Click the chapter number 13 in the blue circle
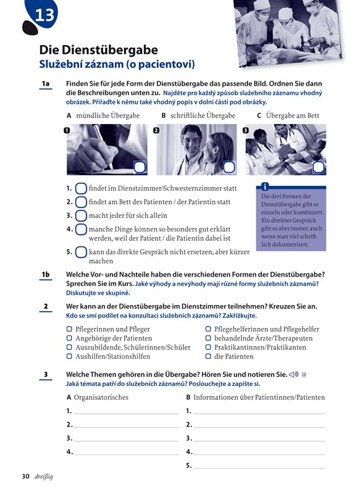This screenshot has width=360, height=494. coord(44,15)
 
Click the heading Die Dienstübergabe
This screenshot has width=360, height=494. coord(99,50)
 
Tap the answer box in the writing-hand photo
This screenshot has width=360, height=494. coord(140,167)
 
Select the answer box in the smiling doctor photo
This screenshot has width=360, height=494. coord(229,167)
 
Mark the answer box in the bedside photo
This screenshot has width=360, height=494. coord(319,167)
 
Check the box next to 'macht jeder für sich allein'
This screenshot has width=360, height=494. coord(81,216)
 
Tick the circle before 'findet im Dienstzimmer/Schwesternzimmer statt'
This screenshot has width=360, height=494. coord(81,188)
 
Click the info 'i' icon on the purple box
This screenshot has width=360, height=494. coord(265,186)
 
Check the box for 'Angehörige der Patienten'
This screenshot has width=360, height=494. coord(69,338)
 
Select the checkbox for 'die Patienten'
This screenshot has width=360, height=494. coord(208,357)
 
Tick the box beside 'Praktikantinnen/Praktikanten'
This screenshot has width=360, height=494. coord(208,348)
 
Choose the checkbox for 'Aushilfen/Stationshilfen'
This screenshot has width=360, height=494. coord(69,357)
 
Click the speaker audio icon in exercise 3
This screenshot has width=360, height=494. coord(293,375)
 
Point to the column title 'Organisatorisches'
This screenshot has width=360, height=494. coord(101,397)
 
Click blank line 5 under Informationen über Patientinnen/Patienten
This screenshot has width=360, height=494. coord(259,468)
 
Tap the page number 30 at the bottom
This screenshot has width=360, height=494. coord(25,476)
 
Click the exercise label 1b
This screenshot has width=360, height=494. coord(46,274)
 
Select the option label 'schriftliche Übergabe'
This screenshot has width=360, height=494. coord(203,115)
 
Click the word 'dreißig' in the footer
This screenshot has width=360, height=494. coord(44,476)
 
